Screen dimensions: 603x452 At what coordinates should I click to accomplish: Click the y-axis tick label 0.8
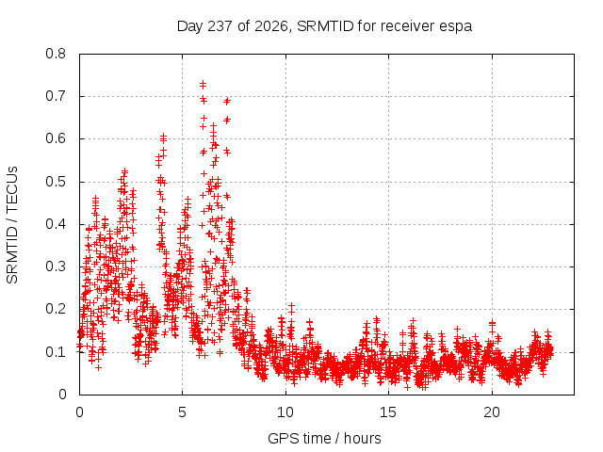(56, 54)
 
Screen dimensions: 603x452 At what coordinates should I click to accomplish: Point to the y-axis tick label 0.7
(56, 96)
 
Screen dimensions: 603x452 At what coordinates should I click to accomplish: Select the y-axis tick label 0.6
(56, 138)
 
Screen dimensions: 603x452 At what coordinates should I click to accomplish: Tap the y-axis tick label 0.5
(56, 182)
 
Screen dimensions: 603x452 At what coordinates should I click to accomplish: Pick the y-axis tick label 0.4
(56, 224)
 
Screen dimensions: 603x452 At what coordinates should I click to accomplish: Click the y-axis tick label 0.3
(56, 266)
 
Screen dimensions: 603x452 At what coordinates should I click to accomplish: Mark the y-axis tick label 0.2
(56, 309)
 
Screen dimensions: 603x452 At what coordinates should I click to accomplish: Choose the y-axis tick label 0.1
(56, 351)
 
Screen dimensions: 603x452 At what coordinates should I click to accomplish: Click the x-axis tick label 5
(182, 412)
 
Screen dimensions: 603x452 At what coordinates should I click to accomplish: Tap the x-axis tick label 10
(285, 412)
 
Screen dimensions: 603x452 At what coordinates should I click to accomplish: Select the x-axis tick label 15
(388, 412)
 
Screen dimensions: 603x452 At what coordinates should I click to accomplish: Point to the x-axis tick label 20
(492, 412)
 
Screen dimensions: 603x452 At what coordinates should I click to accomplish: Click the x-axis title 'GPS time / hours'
(324, 439)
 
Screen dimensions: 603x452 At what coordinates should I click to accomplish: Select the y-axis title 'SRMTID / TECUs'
(12, 225)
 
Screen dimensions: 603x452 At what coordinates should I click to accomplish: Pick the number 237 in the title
(220, 26)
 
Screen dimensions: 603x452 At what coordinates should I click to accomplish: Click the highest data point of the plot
(203, 83)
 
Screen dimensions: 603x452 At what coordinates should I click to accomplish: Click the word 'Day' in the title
(189, 27)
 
